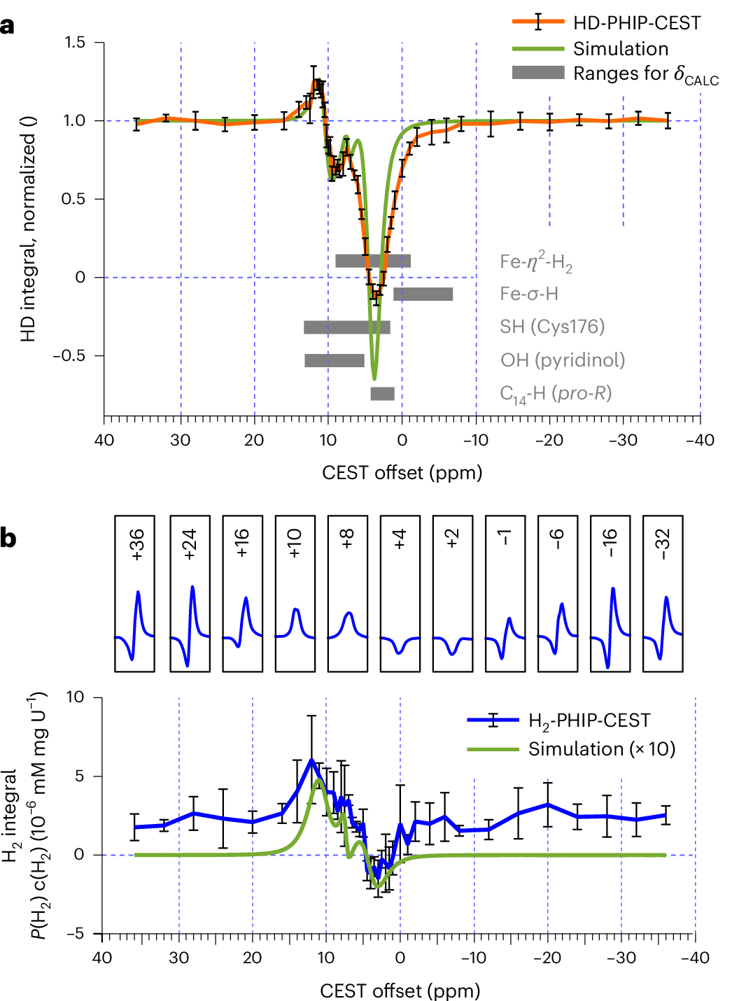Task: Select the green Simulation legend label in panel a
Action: coord(620,49)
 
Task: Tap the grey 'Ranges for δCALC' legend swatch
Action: coord(538,73)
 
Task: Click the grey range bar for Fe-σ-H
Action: coord(423,294)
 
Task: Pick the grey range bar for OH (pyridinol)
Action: coord(335,360)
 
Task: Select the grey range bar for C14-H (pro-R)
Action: coord(382,393)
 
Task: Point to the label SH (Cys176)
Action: coord(551,327)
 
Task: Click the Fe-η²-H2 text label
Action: coord(535,262)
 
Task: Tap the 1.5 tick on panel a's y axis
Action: coord(75,43)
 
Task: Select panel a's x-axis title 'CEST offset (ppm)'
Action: coord(402,473)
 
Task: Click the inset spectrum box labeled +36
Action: coord(134,594)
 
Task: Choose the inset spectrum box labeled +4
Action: coord(400,594)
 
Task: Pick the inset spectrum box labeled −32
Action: coord(662,594)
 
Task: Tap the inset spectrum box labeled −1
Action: coord(505,594)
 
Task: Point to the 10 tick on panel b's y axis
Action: coord(75,697)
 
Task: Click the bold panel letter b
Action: coord(9,539)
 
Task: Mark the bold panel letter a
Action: coord(8,26)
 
